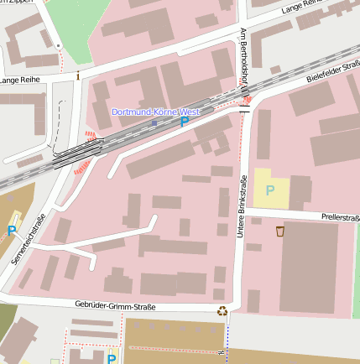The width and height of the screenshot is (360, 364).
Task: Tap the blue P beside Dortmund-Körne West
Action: coord(185,122)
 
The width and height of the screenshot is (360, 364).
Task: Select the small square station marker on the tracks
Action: coord(154,122)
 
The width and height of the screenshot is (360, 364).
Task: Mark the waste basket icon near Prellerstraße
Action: coord(279,231)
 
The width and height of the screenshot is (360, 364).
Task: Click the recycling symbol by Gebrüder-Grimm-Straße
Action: coord(222,311)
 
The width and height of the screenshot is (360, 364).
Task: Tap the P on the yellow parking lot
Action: coord(270,190)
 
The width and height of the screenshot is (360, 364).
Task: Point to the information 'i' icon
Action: coord(79,75)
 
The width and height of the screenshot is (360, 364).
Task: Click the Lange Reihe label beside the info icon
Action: coord(22,81)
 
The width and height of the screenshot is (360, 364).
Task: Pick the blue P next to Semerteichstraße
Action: coord(12,231)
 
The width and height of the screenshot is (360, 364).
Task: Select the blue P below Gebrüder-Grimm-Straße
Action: coord(111,359)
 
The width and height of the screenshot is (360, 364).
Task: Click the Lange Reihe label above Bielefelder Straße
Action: coord(302,8)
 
